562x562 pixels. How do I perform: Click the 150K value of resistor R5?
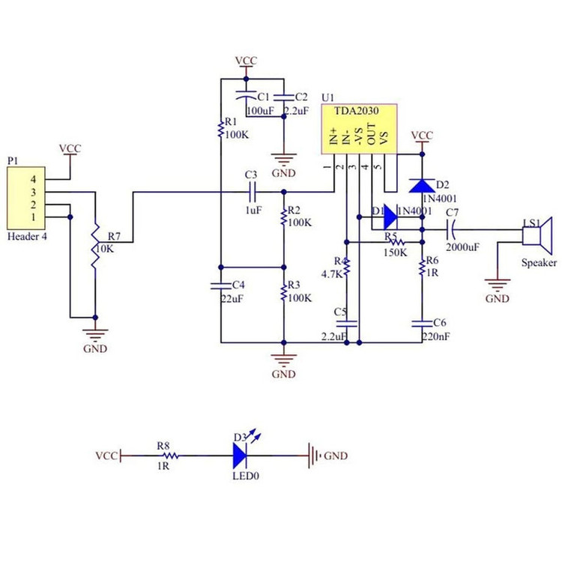(395, 253)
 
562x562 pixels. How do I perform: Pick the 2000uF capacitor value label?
(462, 247)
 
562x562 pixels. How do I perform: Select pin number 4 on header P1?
(33, 180)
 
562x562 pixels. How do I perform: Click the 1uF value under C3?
(253, 211)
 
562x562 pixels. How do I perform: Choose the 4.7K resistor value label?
(333, 274)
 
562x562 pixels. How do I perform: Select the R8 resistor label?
(163, 445)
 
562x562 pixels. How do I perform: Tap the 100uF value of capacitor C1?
(259, 111)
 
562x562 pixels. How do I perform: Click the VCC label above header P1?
(70, 148)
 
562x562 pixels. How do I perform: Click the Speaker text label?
(540, 263)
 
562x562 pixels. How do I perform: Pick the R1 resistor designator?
(230, 121)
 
